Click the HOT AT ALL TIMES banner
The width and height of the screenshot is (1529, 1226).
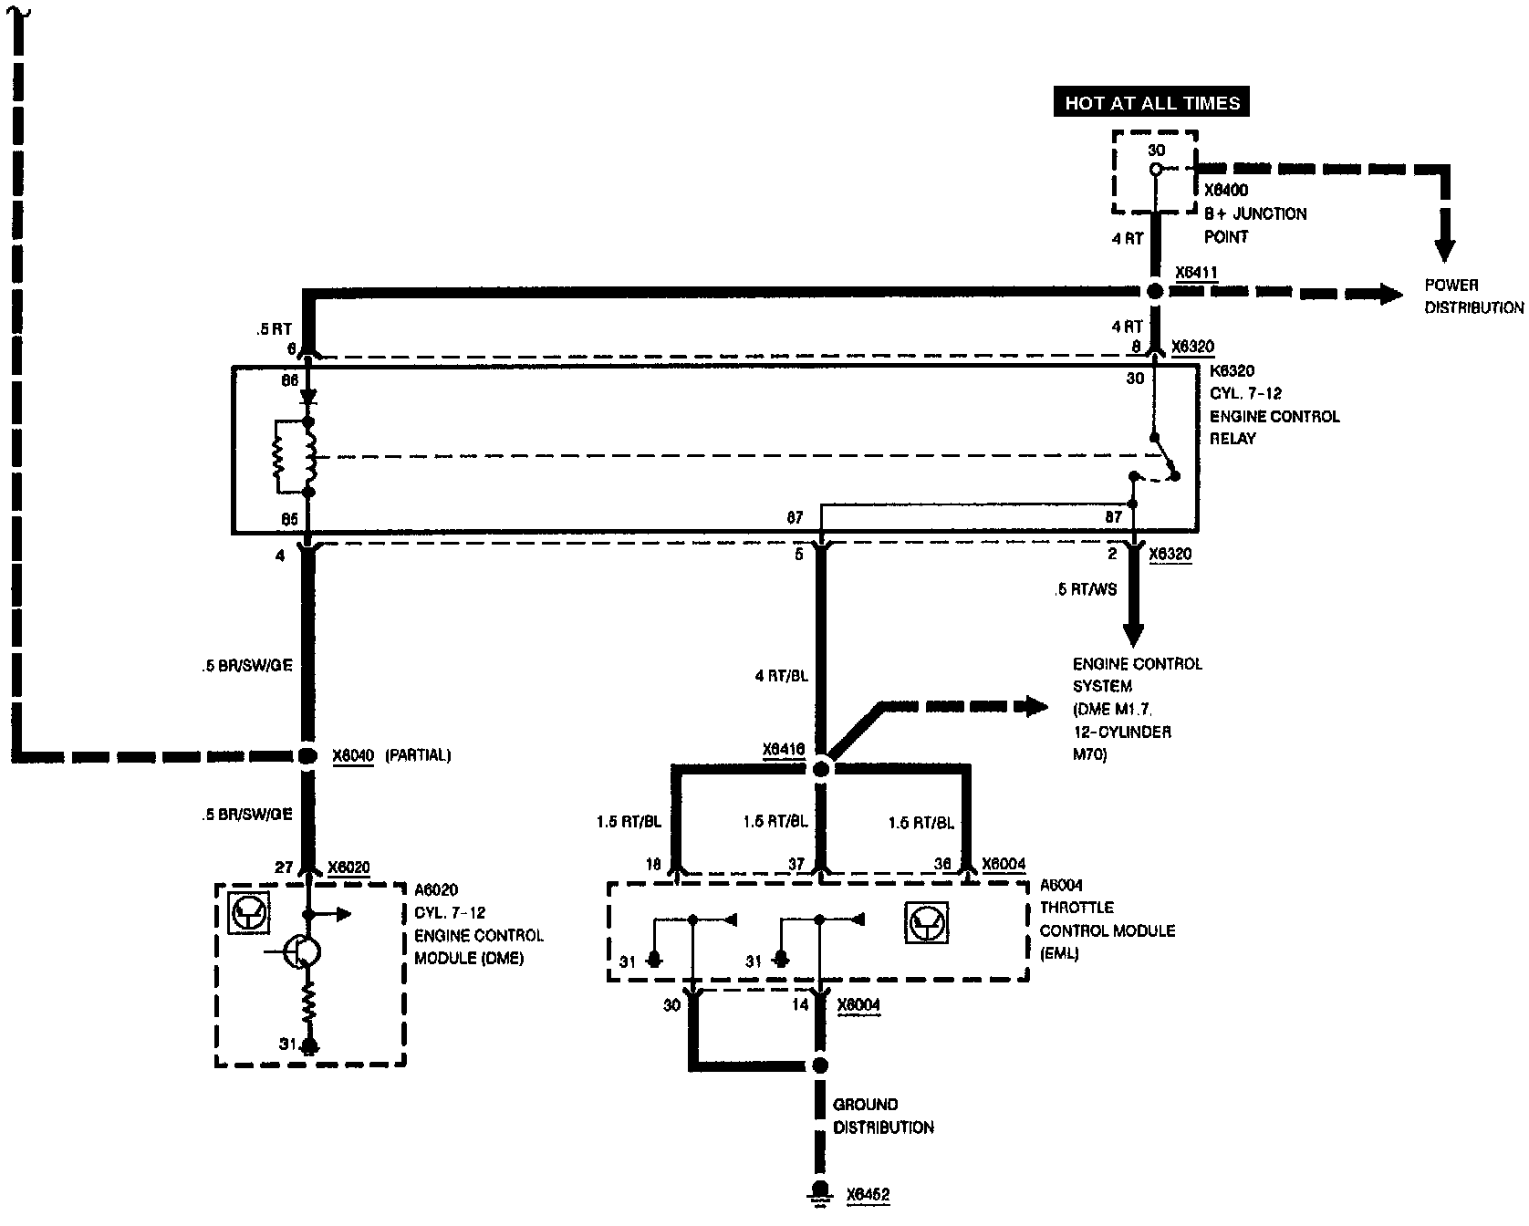pos(1152,103)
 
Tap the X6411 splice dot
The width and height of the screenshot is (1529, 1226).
pos(1155,291)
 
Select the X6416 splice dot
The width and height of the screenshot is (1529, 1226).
pos(820,769)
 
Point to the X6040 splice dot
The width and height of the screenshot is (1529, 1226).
pos(307,755)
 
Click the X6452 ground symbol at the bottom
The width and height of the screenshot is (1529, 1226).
pos(820,1191)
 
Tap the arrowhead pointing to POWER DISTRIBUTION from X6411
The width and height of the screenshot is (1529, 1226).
pos(1390,294)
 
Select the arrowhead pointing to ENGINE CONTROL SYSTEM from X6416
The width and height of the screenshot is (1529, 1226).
pos(1035,705)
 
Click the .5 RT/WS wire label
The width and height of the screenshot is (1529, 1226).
pos(1085,589)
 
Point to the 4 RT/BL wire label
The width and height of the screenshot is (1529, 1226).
pos(781,677)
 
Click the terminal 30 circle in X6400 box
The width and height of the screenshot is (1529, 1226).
pos(1156,170)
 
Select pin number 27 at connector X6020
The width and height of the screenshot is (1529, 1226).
pos(285,868)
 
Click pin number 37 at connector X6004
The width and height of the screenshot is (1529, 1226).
pos(796,864)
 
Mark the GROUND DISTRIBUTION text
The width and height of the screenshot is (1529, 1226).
pos(882,1116)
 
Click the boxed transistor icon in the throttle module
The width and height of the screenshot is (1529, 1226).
pos(927,922)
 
